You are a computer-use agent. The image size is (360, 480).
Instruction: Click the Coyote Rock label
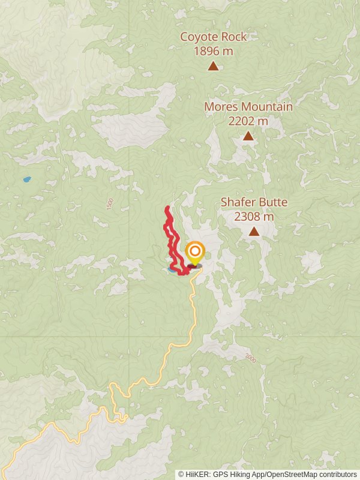point(213,37)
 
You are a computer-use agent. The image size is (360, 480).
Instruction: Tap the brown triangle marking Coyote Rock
point(213,66)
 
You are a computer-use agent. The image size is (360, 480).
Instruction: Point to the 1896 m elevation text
point(213,51)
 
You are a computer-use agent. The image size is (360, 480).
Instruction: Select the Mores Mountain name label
point(248,107)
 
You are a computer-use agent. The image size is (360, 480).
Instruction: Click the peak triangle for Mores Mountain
point(248,136)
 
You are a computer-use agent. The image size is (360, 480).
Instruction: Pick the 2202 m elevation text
point(248,121)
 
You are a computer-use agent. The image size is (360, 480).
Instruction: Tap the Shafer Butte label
point(254,202)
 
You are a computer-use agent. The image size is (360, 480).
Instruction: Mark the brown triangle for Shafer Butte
point(254,232)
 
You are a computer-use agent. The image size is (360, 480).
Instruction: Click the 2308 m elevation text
point(254,216)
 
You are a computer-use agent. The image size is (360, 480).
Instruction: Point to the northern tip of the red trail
point(167,208)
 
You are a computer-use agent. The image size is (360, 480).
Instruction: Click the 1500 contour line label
point(109,204)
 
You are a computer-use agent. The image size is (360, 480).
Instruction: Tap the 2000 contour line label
point(250,358)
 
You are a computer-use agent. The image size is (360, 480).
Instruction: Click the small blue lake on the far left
point(26,179)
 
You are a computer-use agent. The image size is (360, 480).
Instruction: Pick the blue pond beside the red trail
point(172,271)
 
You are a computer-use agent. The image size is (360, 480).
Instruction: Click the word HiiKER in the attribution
point(199,475)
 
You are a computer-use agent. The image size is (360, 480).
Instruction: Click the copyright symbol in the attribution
point(181,475)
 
